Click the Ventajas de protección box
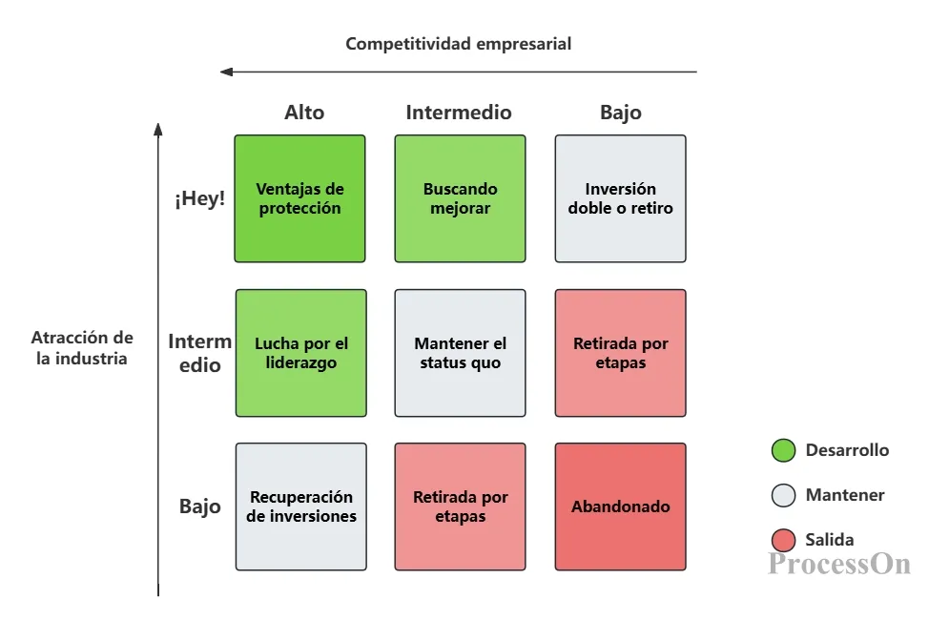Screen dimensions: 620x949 [x=299, y=198]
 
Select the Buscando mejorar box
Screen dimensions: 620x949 [x=460, y=198]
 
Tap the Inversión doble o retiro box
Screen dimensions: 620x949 [x=620, y=198]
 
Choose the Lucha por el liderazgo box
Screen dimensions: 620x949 [x=300, y=353]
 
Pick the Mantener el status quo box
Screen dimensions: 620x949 [x=460, y=353]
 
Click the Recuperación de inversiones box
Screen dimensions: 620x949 [x=300, y=506]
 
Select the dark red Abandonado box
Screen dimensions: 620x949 [x=620, y=506]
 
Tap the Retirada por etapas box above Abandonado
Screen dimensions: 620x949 [x=620, y=353]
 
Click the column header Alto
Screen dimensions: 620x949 [x=304, y=113]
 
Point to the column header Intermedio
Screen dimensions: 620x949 [x=459, y=113]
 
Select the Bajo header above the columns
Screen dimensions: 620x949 [x=621, y=113]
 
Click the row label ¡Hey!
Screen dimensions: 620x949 [x=200, y=199]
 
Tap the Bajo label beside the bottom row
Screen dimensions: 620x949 [x=200, y=506]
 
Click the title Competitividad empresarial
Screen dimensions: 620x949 [x=459, y=44]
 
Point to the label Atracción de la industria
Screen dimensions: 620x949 [x=82, y=348]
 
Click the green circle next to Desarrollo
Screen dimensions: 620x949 [x=783, y=450]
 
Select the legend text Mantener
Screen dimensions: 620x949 [x=845, y=495]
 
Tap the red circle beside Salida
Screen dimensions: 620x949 [x=783, y=540]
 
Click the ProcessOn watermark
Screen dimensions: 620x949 [x=839, y=563]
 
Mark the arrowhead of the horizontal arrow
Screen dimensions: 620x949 [x=226, y=72]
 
